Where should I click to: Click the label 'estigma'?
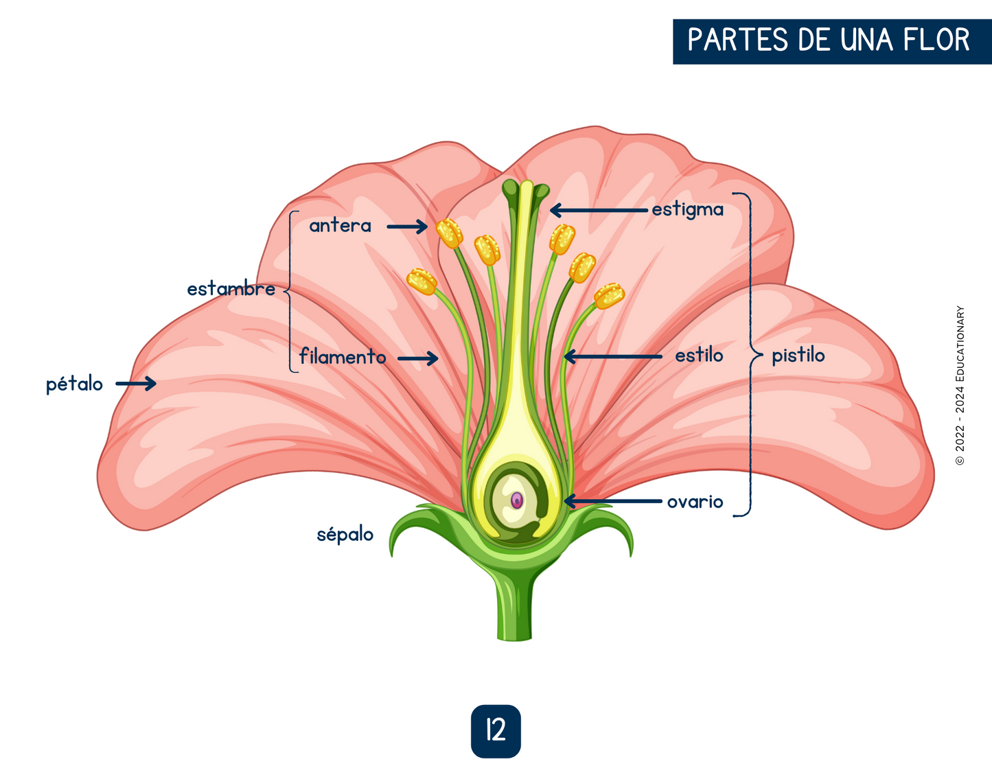[687, 209]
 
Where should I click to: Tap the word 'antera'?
[340, 226]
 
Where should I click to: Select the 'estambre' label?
[231, 289]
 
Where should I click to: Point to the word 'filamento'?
[343, 357]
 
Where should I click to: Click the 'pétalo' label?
[74, 384]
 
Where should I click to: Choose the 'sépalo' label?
[345, 534]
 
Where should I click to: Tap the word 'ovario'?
[695, 502]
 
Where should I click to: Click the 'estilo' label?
[698, 356]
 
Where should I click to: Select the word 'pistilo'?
[798, 356]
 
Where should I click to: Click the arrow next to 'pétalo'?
[136, 384]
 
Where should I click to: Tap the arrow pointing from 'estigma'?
[599, 209]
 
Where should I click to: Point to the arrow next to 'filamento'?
[417, 358]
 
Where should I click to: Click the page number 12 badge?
[496, 731]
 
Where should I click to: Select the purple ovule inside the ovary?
[517, 500]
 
